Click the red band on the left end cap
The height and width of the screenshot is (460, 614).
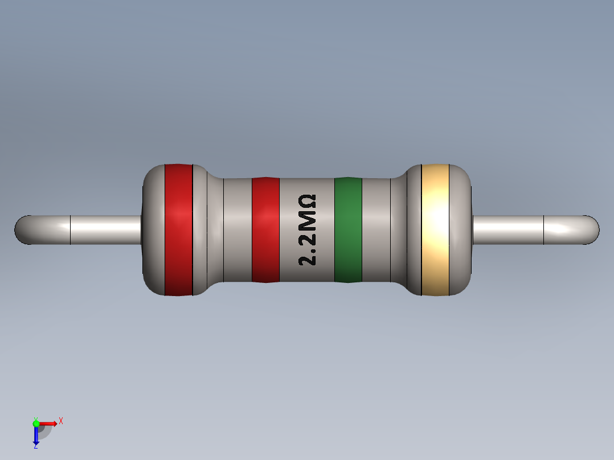click(178, 230)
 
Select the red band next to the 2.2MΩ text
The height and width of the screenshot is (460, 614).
click(265, 230)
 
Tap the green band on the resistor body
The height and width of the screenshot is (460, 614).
click(348, 230)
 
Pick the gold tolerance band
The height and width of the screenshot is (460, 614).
click(435, 230)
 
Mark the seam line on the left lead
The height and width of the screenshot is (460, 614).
click(70, 230)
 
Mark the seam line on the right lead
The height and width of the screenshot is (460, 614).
click(544, 230)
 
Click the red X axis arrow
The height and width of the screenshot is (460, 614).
click(49, 423)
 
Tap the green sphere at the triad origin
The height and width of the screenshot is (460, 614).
click(36, 423)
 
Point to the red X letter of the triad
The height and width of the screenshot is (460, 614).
click(60, 421)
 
